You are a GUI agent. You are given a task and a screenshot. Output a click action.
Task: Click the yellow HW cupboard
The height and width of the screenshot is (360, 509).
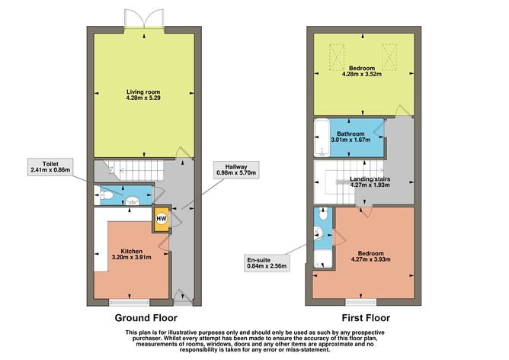pyautogui.click(x=161, y=219)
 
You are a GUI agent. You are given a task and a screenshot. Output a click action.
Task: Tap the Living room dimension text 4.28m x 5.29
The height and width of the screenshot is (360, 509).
pyautogui.click(x=146, y=98)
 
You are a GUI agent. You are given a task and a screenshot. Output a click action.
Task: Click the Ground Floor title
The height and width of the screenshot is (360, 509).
pyautogui.click(x=146, y=318)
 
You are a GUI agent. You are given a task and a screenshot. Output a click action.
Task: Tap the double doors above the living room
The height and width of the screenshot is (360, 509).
pyautogui.click(x=146, y=23)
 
